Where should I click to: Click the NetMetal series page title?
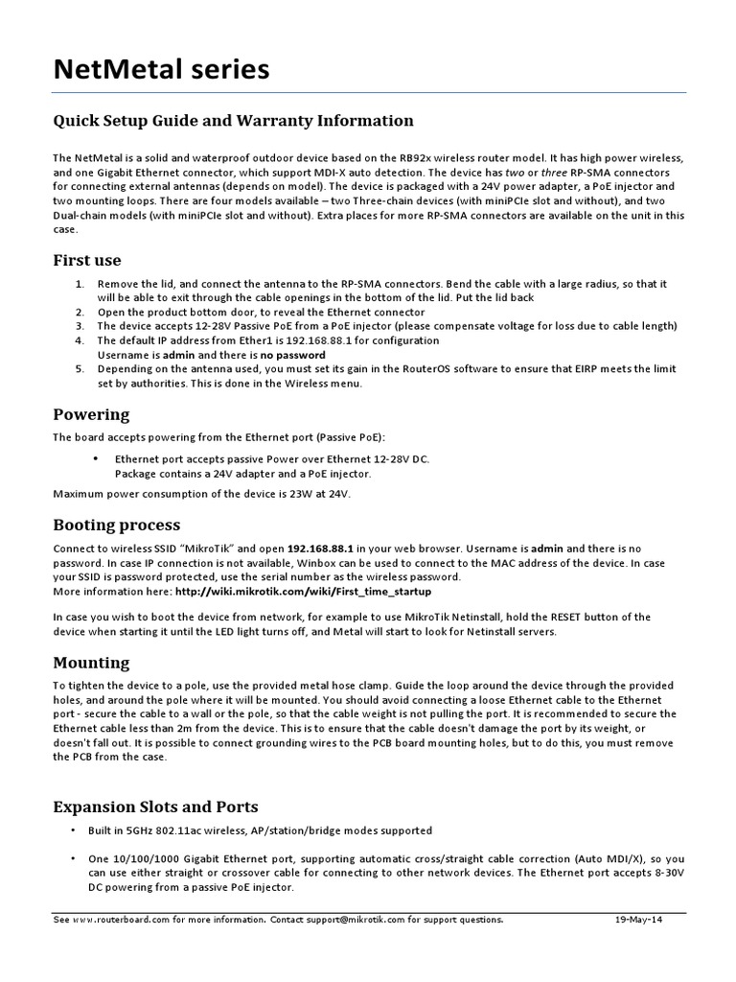161,70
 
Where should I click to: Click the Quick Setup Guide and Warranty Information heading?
233,121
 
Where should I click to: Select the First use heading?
86,261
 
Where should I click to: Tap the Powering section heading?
91,415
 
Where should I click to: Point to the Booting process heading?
116,526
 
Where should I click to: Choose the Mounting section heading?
91,663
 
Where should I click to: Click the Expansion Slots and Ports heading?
154,807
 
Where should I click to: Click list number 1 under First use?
80,285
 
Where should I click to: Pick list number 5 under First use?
80,369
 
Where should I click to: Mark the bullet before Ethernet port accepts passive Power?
96,459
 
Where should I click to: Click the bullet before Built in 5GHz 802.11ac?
71,830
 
